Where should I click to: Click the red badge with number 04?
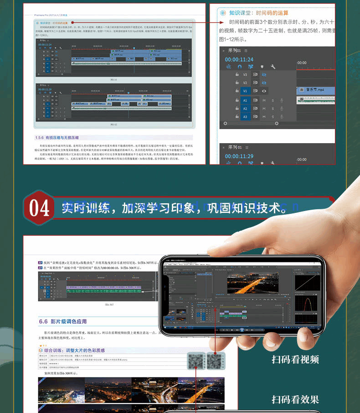point(39,208)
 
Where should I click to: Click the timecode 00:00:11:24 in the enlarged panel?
point(239,59)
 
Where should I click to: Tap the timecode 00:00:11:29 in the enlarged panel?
point(239,156)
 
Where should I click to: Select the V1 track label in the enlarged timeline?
point(245,91)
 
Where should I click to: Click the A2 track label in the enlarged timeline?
point(245,108)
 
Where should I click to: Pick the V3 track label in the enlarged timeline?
point(245,74)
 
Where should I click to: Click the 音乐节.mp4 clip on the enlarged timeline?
point(315,91)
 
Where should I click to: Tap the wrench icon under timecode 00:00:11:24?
point(273,67)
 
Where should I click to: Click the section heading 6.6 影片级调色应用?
point(62,321)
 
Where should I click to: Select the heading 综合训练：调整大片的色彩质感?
point(75,350)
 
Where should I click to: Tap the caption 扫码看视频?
point(295,359)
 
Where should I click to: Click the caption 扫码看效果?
point(295,400)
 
